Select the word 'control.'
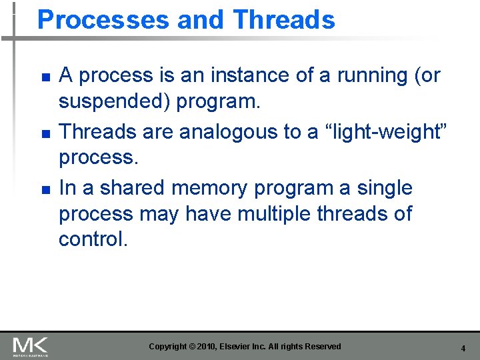pos(93,239)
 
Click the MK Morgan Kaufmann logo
pos(30,347)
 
